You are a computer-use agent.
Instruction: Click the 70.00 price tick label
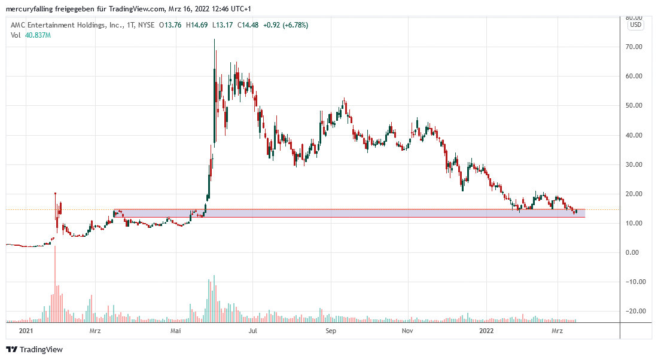pyautogui.click(x=634, y=47)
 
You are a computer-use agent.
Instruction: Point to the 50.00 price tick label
pyautogui.click(x=634, y=105)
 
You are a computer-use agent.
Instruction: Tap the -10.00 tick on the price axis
pyautogui.click(x=633, y=282)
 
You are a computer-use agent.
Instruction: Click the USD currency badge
pyautogui.click(x=635, y=25)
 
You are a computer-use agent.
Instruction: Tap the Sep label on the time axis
pyautogui.click(x=331, y=330)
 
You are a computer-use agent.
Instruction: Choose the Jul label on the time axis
pyautogui.click(x=253, y=330)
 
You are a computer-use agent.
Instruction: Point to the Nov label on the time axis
pyautogui.click(x=408, y=330)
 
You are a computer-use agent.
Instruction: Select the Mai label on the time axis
pyautogui.click(x=175, y=330)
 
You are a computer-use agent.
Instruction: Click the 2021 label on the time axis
pyautogui.click(x=26, y=330)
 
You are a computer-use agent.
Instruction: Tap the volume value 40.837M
pyautogui.click(x=37, y=35)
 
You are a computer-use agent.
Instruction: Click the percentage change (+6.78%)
pyautogui.click(x=290, y=25)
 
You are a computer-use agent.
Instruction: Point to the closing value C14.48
pyautogui.click(x=246, y=25)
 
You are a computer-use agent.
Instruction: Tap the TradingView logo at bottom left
pyautogui.click(x=35, y=349)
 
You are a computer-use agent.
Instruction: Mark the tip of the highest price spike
pyautogui.click(x=215, y=39)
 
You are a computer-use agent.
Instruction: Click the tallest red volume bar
pyautogui.click(x=55, y=247)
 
